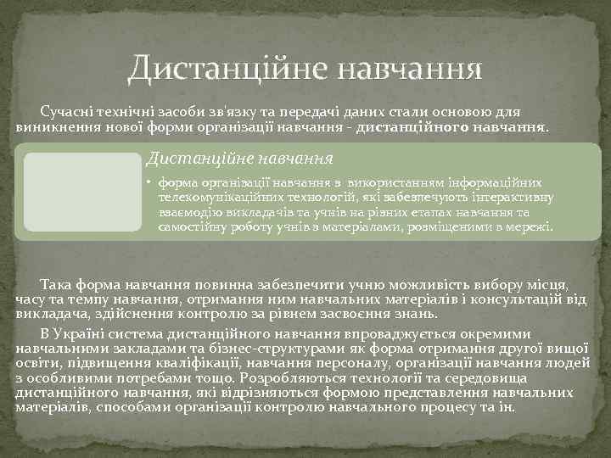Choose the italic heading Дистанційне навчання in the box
tap(238, 158)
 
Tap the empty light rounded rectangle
tap(81, 192)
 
